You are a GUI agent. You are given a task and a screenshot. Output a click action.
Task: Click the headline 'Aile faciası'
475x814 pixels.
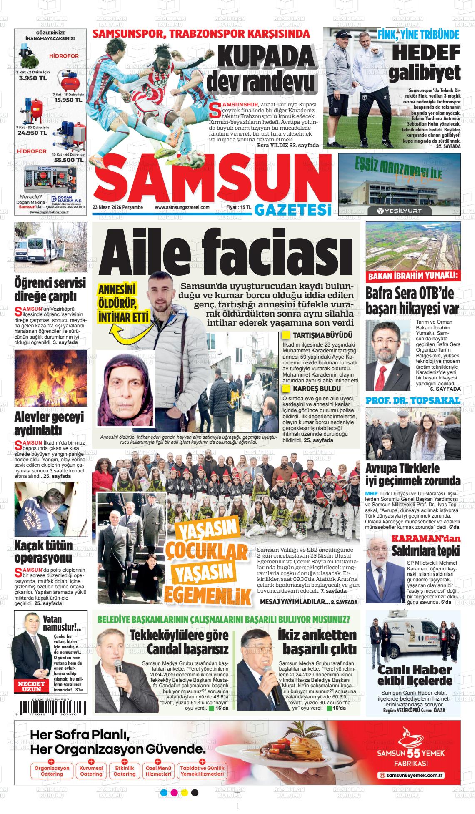(x=227, y=252)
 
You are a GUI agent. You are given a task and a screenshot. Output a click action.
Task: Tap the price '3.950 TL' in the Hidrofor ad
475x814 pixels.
(x=29, y=78)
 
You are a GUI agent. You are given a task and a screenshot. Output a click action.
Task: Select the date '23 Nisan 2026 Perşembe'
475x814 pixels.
(x=117, y=207)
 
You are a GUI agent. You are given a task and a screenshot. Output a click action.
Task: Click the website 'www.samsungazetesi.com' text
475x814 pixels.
(x=182, y=207)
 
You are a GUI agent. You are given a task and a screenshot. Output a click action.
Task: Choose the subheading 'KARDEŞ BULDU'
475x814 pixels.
(x=317, y=389)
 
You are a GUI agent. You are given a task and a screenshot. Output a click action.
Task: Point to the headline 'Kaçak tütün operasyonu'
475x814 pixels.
(x=43, y=552)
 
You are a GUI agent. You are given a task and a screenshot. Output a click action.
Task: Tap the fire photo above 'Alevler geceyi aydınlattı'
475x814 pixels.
(x=50, y=378)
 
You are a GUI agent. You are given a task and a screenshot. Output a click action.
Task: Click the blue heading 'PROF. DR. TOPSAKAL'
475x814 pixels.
(x=412, y=401)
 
